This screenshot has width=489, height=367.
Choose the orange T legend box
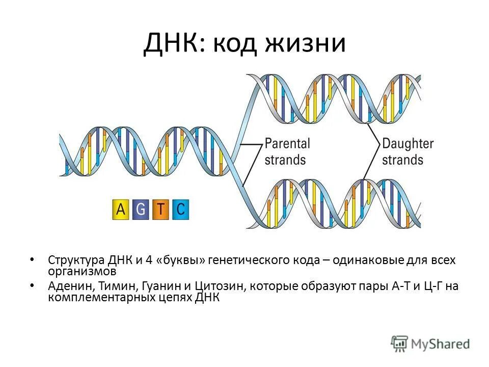pos(160,209)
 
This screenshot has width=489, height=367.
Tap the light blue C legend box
pos(180,209)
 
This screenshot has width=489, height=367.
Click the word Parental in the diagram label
pos(287,143)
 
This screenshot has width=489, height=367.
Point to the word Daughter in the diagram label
pos(407,143)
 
